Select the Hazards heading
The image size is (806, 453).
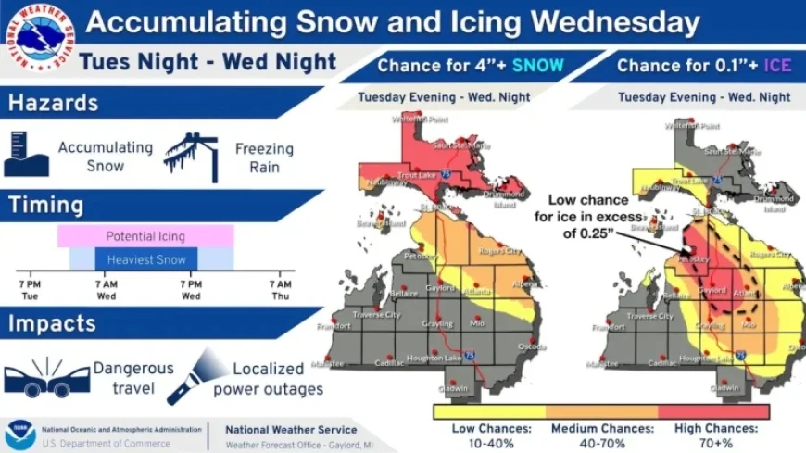point(54,103)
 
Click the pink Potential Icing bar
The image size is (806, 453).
point(145,236)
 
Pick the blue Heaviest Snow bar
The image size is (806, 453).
point(145,260)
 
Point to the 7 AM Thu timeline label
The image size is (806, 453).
point(281,290)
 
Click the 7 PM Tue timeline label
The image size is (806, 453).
point(29,290)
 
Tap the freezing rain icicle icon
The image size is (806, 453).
point(191,156)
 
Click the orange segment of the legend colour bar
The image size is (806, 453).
point(601,410)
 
